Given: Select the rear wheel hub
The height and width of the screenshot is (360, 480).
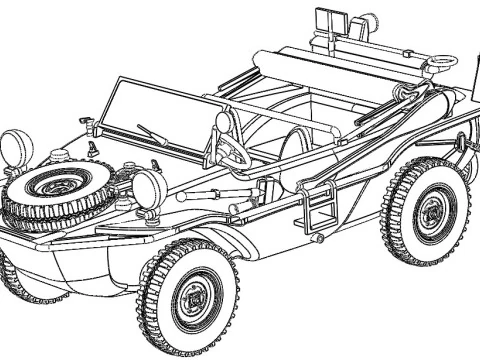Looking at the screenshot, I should pos(430,211).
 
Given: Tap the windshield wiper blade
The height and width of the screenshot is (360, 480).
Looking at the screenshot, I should pos(152,133).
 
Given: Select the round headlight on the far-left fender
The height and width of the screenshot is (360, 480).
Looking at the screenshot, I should pos(15,147).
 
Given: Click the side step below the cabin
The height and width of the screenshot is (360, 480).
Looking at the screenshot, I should pos(321,211).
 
